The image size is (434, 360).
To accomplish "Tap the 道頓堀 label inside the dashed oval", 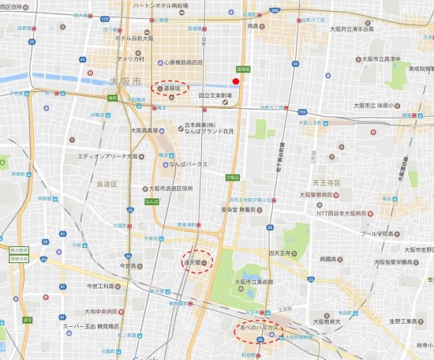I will pyautogui.click(x=170, y=89).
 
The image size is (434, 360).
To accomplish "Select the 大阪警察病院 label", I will pyautogui.click(x=325, y=193).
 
